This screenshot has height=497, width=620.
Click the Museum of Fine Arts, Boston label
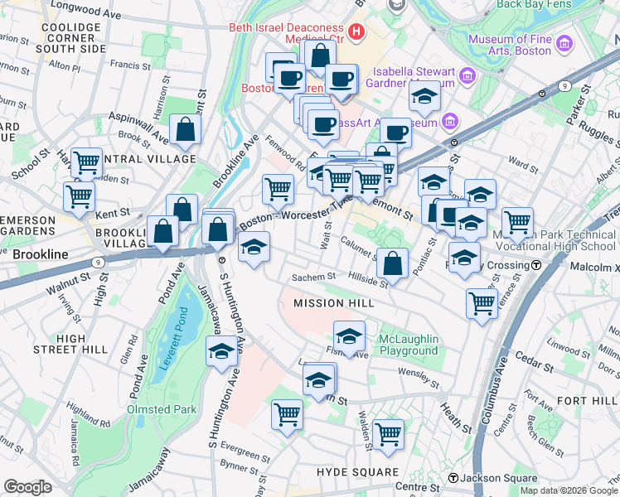(x=509, y=45)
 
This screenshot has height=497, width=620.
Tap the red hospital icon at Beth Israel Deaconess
(x=357, y=33)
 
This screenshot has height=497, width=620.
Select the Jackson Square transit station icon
(x=453, y=478)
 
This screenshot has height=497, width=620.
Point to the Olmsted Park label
(x=162, y=409)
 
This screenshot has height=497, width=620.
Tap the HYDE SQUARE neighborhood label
(x=357, y=471)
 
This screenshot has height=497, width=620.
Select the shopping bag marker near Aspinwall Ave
(x=185, y=129)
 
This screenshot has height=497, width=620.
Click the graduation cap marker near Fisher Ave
(x=349, y=336)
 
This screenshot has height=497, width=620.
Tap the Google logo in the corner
(x=27, y=486)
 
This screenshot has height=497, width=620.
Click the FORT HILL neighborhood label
(x=586, y=401)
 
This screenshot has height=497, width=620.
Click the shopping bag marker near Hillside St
(x=393, y=263)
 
